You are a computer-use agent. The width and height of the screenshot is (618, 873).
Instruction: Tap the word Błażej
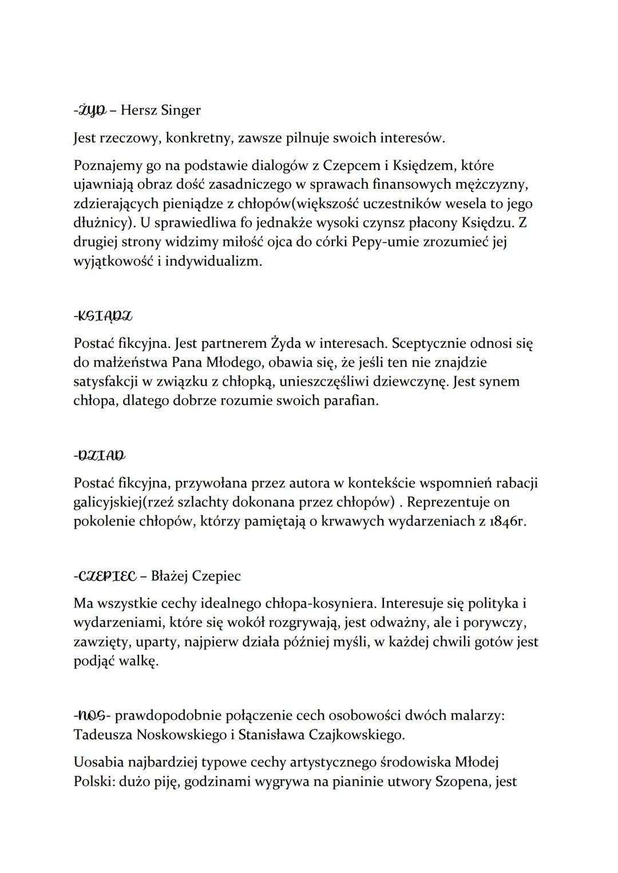click(169, 576)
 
